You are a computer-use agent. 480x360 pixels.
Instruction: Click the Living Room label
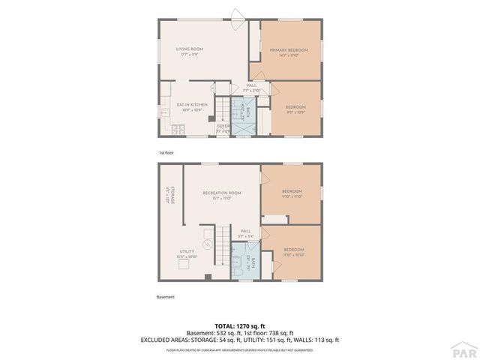[190, 49]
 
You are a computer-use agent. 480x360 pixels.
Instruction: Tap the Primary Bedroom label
[289, 49]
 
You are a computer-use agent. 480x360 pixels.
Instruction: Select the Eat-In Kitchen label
[187, 104]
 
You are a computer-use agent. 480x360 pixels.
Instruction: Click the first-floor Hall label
[251, 85]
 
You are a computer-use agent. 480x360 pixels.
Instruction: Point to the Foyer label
[223, 126]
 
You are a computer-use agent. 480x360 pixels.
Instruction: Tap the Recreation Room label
[221, 193]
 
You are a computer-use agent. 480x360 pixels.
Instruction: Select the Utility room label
[187, 251]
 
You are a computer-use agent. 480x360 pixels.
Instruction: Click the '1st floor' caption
[165, 152]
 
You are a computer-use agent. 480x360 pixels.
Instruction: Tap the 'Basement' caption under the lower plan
[166, 297]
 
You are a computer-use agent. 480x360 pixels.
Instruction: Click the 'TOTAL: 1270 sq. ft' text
[239, 327]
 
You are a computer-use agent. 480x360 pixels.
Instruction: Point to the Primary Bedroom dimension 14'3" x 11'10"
[289, 55]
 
